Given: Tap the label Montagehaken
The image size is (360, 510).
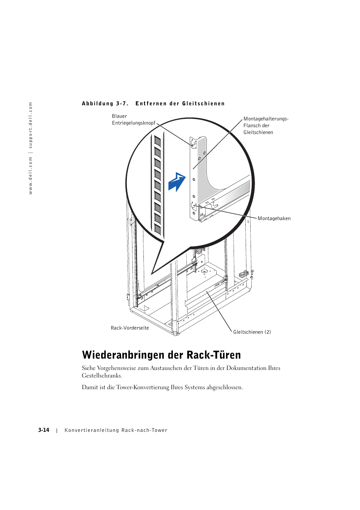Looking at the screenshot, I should point(274,219).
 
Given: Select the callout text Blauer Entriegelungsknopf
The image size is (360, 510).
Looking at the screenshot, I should point(134,120).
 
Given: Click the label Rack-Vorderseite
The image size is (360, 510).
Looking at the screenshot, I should point(130,328).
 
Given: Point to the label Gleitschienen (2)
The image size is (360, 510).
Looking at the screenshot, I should point(252,332).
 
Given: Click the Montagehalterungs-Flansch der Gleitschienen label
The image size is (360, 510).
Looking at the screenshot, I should point(265,126).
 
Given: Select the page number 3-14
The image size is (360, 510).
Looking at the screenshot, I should point(44,430).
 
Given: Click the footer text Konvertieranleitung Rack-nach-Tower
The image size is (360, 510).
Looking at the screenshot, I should point(116,430).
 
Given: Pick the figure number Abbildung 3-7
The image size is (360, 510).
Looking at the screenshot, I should point(105,104).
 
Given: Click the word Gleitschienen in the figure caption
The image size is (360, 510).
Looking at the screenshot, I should point(203,104).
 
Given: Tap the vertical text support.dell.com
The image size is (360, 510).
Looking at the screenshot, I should point(31,125).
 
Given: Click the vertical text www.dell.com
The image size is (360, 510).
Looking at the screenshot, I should point(31,176).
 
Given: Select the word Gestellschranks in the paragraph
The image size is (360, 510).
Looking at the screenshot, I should point(102,376).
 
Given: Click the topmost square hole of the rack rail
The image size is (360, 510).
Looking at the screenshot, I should point(158,142).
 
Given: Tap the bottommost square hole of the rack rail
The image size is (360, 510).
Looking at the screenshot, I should point(158,230).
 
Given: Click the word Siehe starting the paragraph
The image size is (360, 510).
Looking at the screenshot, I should point(89,368).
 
